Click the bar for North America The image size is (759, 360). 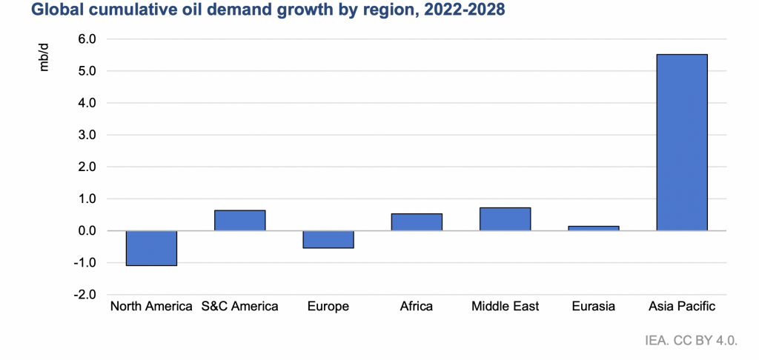coord(151,248)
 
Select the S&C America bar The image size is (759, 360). coord(239,221)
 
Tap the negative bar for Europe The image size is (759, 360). coord(328,239)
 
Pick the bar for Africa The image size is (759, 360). coord(417,222)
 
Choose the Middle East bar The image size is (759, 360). coord(505,219)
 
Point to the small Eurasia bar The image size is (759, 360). coord(594,228)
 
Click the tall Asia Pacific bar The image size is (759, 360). coord(682,142)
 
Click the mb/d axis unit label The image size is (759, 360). coord(44,58)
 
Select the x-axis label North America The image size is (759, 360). coord(151,306)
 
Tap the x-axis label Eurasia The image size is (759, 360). coord(594,306)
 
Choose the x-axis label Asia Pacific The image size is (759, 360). coord(682,306)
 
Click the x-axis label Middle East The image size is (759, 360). coord(505,306)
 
